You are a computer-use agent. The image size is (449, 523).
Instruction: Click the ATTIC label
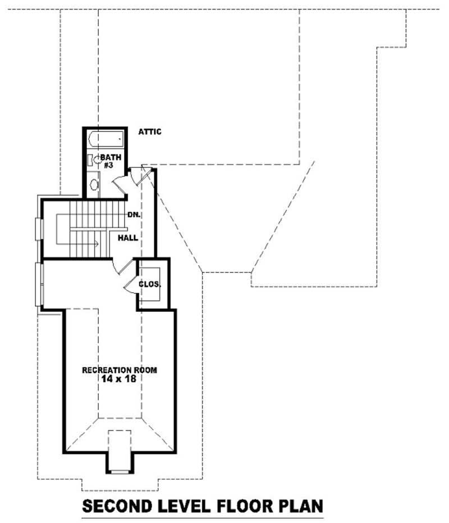(x=150, y=132)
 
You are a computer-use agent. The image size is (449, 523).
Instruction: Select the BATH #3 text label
(x=108, y=161)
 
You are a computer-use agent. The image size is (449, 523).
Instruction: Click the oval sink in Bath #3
(x=94, y=184)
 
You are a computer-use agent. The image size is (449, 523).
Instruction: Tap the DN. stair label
(x=134, y=215)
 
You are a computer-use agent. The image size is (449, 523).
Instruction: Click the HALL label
(x=128, y=238)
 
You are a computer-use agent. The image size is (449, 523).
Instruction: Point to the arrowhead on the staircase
(x=97, y=244)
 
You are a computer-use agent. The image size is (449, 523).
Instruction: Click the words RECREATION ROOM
(x=120, y=370)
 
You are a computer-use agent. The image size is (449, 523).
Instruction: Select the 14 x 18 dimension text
(x=120, y=379)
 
